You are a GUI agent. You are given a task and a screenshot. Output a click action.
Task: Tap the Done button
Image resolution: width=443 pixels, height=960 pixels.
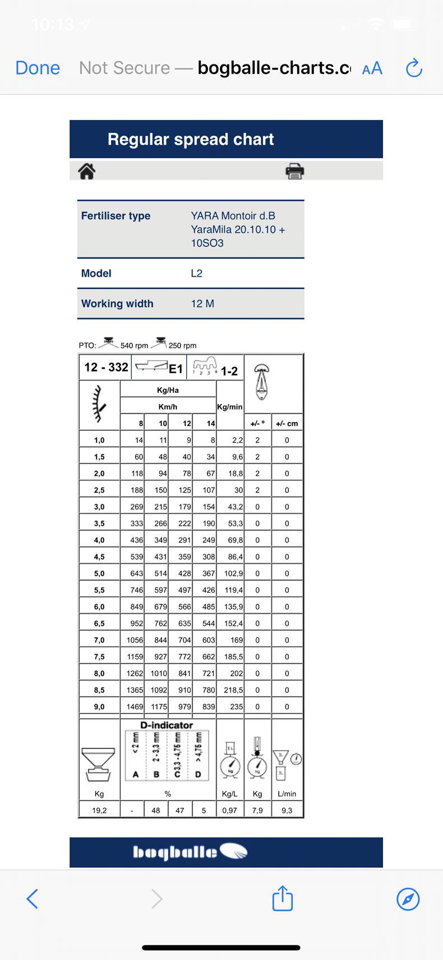[x=38, y=68]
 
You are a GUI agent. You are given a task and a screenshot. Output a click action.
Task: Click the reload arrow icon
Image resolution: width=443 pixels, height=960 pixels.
[x=413, y=68]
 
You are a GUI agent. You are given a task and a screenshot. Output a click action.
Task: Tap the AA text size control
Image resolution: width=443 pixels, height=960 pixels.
[x=372, y=68]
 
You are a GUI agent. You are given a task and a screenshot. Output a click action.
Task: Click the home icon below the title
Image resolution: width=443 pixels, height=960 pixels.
[x=86, y=171]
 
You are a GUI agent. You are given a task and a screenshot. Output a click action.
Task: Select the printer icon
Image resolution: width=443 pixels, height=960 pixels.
[x=294, y=171]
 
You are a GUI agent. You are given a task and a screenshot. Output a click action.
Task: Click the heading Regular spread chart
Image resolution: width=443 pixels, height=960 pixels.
[x=191, y=139]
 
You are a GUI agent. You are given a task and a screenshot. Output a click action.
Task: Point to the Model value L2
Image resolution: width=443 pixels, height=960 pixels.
[x=197, y=273]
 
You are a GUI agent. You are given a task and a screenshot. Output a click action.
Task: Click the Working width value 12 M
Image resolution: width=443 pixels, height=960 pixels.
[x=202, y=304]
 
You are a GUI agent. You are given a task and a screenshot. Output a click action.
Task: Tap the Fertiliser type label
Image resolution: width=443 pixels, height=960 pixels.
[x=116, y=215]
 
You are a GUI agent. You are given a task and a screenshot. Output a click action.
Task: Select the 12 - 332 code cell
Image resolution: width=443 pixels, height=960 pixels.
[x=106, y=367]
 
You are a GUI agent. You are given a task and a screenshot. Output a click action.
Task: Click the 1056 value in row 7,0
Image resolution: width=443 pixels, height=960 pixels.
[x=135, y=640]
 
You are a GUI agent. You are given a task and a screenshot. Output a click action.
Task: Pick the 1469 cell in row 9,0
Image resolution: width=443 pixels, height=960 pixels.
[x=135, y=706]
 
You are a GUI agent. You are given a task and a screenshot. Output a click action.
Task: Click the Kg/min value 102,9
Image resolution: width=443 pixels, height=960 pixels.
[x=233, y=573]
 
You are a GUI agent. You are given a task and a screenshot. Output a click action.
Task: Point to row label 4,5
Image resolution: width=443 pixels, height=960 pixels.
[x=99, y=557]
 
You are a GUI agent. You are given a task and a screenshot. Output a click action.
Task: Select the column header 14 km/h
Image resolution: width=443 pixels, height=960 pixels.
[x=210, y=423]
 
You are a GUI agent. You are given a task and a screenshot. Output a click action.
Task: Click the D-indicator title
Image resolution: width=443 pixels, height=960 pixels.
[x=167, y=725]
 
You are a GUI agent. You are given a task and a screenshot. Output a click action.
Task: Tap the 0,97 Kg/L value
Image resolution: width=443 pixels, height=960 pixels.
[x=229, y=810]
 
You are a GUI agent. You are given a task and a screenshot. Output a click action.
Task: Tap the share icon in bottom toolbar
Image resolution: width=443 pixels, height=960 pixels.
[x=283, y=898]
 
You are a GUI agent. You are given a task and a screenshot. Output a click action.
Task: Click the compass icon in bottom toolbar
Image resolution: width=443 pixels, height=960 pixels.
[x=408, y=898]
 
